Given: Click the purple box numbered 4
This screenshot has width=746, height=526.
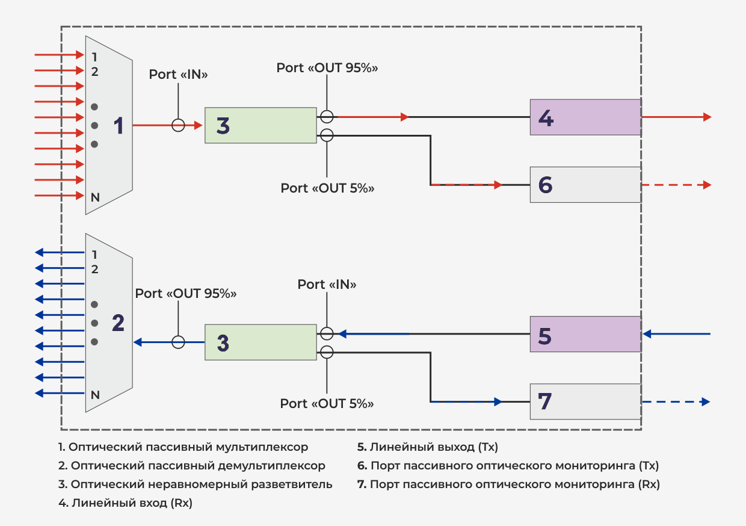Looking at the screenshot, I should tap(585, 117).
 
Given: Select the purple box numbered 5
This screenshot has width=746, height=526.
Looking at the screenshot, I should tap(585, 334).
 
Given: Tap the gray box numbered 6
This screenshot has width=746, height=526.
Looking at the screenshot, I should tap(585, 185).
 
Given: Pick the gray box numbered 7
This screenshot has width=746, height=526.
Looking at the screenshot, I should tap(585, 401).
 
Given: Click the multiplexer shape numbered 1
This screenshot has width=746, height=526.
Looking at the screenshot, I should tap(109, 125).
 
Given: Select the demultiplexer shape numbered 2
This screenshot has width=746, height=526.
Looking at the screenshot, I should tap(109, 323).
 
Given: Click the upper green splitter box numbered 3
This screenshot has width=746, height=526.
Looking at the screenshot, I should tap(260, 125).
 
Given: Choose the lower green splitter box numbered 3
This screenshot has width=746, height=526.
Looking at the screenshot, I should tap(260, 342).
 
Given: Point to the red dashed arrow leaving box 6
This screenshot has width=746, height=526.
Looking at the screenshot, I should tap(676, 185).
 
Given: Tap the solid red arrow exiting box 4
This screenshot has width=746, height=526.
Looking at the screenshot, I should tap(676, 117).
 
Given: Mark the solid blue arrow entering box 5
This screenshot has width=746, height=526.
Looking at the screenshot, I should tap(676, 333).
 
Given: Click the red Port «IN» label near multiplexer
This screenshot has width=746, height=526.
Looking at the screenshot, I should tap(178, 75).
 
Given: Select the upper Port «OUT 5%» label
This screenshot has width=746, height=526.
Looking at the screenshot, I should tap(327, 188).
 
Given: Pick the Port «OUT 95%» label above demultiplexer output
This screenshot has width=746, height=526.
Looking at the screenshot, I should tap(185, 293).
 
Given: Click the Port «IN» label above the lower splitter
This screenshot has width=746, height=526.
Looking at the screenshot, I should tap(327, 284).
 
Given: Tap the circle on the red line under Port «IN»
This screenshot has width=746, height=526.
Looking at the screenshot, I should tap(178, 125).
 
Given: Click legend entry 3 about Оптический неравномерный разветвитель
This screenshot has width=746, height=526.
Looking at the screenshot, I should tap(196, 484).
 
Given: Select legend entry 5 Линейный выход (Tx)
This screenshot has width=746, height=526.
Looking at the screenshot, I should tap(428, 447).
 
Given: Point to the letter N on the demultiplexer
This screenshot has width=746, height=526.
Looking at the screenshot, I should tap(94, 395).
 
